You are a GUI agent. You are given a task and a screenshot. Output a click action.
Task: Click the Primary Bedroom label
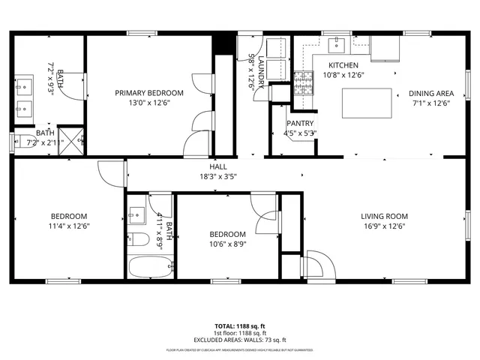(x=148, y=93)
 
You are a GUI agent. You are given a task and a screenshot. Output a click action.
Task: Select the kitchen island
(x=367, y=103)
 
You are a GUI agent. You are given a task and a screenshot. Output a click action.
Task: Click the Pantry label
(x=300, y=124)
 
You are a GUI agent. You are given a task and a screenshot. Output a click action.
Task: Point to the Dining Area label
(x=431, y=93)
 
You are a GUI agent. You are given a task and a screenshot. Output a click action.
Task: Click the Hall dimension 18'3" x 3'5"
(x=218, y=177)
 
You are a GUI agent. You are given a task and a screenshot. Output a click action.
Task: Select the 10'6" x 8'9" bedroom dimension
(x=227, y=243)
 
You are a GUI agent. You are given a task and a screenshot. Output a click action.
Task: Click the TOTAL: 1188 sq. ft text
(x=239, y=326)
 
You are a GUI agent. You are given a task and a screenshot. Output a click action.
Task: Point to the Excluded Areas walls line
(x=239, y=339)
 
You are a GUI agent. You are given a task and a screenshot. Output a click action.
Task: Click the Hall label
(x=218, y=167)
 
